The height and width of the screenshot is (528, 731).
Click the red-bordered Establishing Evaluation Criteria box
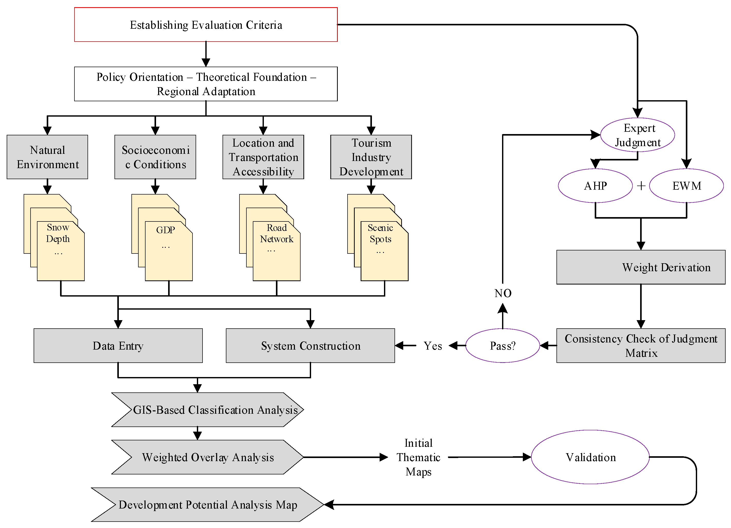206,24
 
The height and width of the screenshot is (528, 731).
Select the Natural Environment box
47,157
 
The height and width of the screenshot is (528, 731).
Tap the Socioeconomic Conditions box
155,157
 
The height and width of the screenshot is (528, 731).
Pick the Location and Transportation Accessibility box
263,157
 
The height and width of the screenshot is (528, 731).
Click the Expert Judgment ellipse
638,135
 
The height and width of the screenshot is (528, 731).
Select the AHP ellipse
595,186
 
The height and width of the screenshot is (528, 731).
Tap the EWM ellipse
687,186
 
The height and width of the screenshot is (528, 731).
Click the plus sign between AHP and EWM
641,186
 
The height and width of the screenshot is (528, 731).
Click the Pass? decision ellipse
503,346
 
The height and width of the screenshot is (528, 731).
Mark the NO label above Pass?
503,293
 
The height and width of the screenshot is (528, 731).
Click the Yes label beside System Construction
433,346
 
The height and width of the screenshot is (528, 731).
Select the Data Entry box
118,346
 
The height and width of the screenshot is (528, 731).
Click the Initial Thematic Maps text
418,457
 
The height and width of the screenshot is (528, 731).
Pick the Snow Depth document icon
54,238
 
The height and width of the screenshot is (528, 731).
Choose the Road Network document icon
270,238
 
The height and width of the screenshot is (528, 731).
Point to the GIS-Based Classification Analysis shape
208,410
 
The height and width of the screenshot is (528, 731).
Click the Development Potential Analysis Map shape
208,504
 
